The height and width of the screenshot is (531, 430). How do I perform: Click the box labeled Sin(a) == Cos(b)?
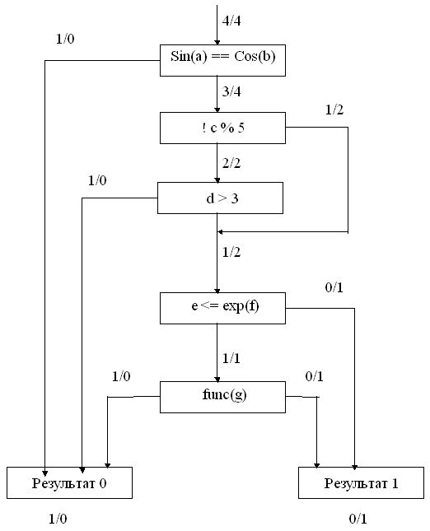coord(222,60)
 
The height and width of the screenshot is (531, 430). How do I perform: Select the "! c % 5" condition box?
coord(222,128)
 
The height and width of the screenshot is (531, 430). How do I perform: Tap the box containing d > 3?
coord(220,198)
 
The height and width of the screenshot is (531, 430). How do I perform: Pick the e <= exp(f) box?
coord(222,308)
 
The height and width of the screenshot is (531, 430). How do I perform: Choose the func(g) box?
coord(222,398)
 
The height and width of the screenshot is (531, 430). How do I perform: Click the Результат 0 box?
coord(69,483)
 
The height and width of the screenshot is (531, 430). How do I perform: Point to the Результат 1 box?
coord(361,483)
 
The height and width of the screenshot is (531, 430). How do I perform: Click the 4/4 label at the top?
coord(231,21)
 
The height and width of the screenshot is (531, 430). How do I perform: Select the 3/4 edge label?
coord(231,91)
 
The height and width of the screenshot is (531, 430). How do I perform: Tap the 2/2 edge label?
coord(231,163)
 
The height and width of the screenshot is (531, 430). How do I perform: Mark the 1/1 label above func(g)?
coord(231,358)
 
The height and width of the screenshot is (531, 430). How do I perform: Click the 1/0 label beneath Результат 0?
coord(58,519)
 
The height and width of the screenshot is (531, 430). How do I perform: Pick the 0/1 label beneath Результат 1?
coord(358,519)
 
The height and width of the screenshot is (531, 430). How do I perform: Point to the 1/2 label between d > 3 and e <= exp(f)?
coord(231,252)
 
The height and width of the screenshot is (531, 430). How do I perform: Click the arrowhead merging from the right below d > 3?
coord(220,232)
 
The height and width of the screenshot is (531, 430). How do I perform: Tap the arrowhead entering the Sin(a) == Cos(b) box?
coord(217,42)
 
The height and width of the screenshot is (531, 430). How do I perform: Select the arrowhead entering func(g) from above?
coord(217,380)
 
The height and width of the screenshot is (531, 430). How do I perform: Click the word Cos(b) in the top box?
coord(255,56)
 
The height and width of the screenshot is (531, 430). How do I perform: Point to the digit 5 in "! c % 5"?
coord(241,128)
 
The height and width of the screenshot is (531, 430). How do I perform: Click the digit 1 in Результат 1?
coord(395,483)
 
